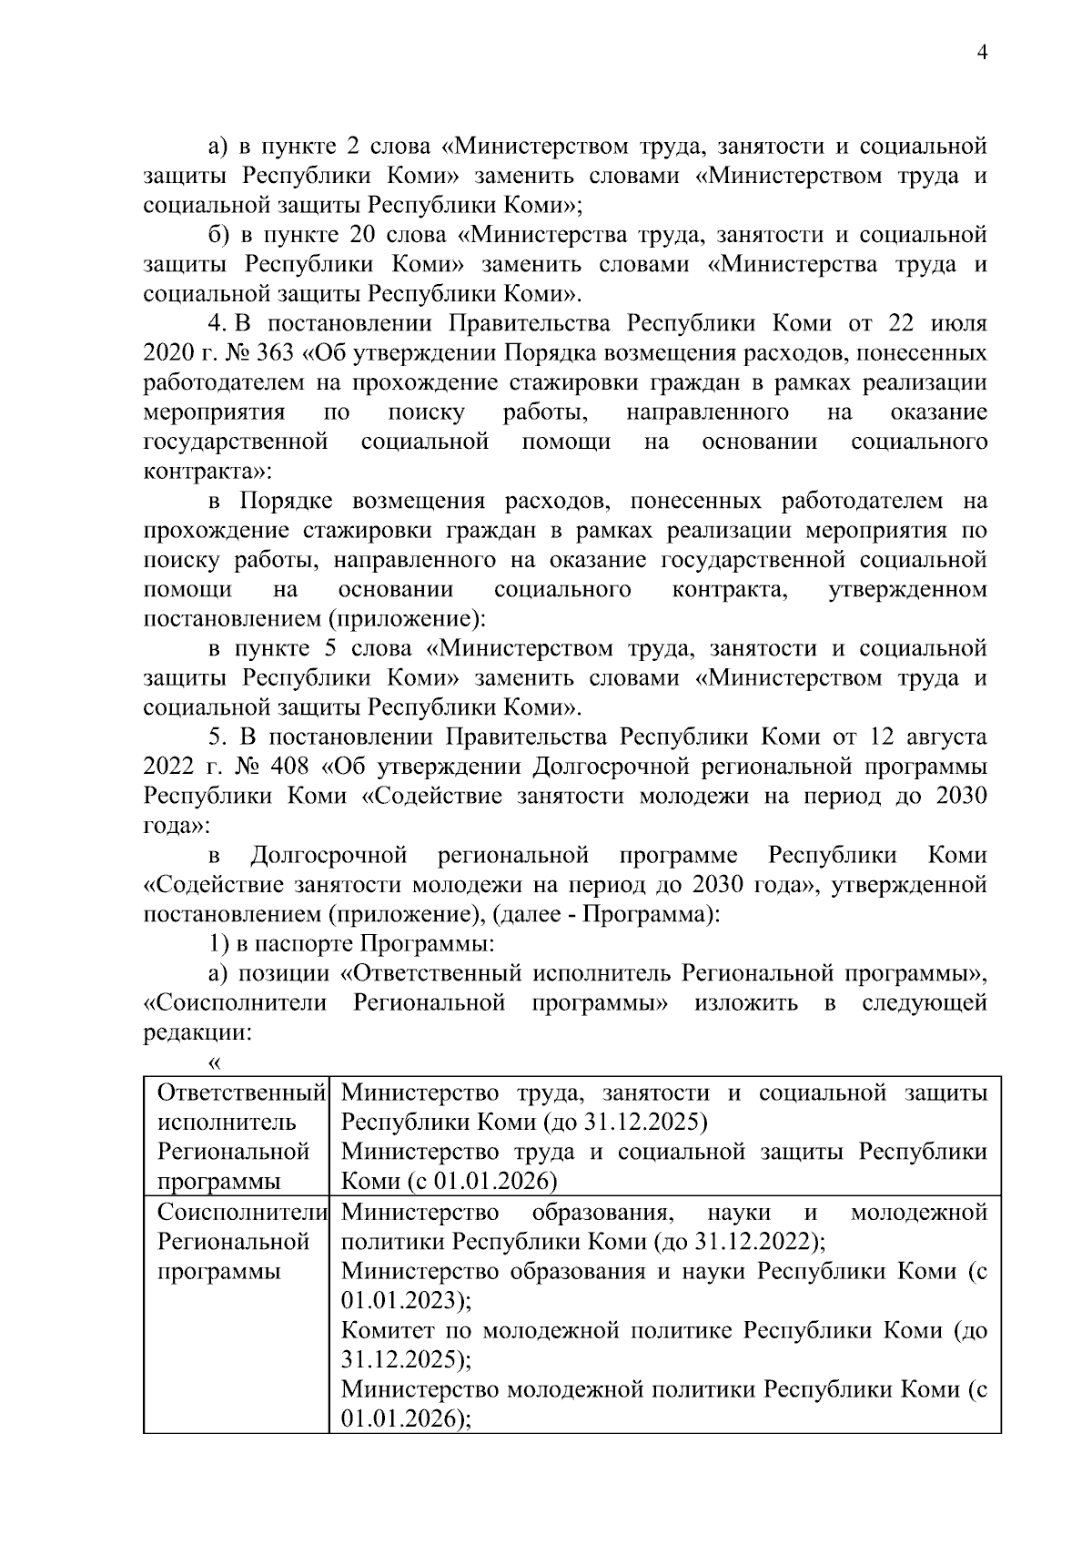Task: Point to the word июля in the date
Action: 958,324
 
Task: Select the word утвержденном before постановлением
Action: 907,589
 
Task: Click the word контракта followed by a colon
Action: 201,473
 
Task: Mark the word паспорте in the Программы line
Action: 305,943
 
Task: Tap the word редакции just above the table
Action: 194,1032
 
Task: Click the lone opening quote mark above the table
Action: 216,1062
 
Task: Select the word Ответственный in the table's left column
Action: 242,1093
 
